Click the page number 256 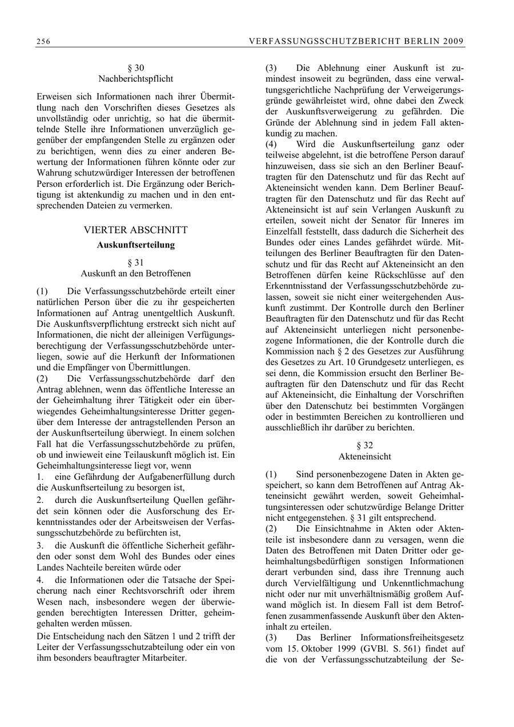pos(43,41)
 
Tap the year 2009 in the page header pos(455,41)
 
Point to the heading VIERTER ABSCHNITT pos(135,230)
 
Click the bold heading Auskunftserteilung pos(135,245)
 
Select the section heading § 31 pos(135,262)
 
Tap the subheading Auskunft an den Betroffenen pos(135,273)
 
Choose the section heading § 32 pos(365,445)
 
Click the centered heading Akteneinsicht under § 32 pos(365,457)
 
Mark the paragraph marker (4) pos(271,145)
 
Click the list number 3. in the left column pos(40,546)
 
